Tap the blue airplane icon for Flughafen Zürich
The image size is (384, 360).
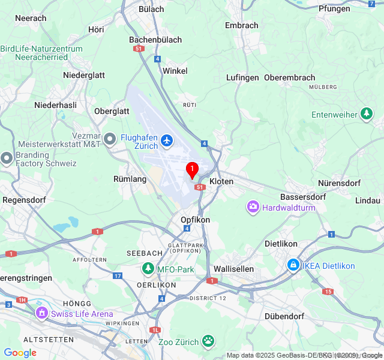coord(167,142)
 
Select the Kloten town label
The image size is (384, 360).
coord(221,181)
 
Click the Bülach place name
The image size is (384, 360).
coord(151,9)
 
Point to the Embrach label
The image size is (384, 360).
coord(241,25)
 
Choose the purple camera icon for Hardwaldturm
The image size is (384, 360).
coord(253,208)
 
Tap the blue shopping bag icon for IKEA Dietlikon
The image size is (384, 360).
coord(293,265)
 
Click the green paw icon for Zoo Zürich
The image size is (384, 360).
coord(208,341)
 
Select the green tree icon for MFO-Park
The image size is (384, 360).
coord(148,269)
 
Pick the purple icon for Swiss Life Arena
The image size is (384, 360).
coord(41,313)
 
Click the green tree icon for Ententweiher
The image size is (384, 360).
coord(367,114)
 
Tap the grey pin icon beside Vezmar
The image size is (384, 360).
coord(110,140)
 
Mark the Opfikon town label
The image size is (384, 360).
coord(196,220)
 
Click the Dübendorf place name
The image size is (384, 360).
coord(284,316)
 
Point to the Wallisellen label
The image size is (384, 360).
coord(234,269)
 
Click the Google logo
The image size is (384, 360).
coord(20,353)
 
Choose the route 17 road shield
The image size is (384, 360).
coord(117,276)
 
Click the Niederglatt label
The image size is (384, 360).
coord(84,75)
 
